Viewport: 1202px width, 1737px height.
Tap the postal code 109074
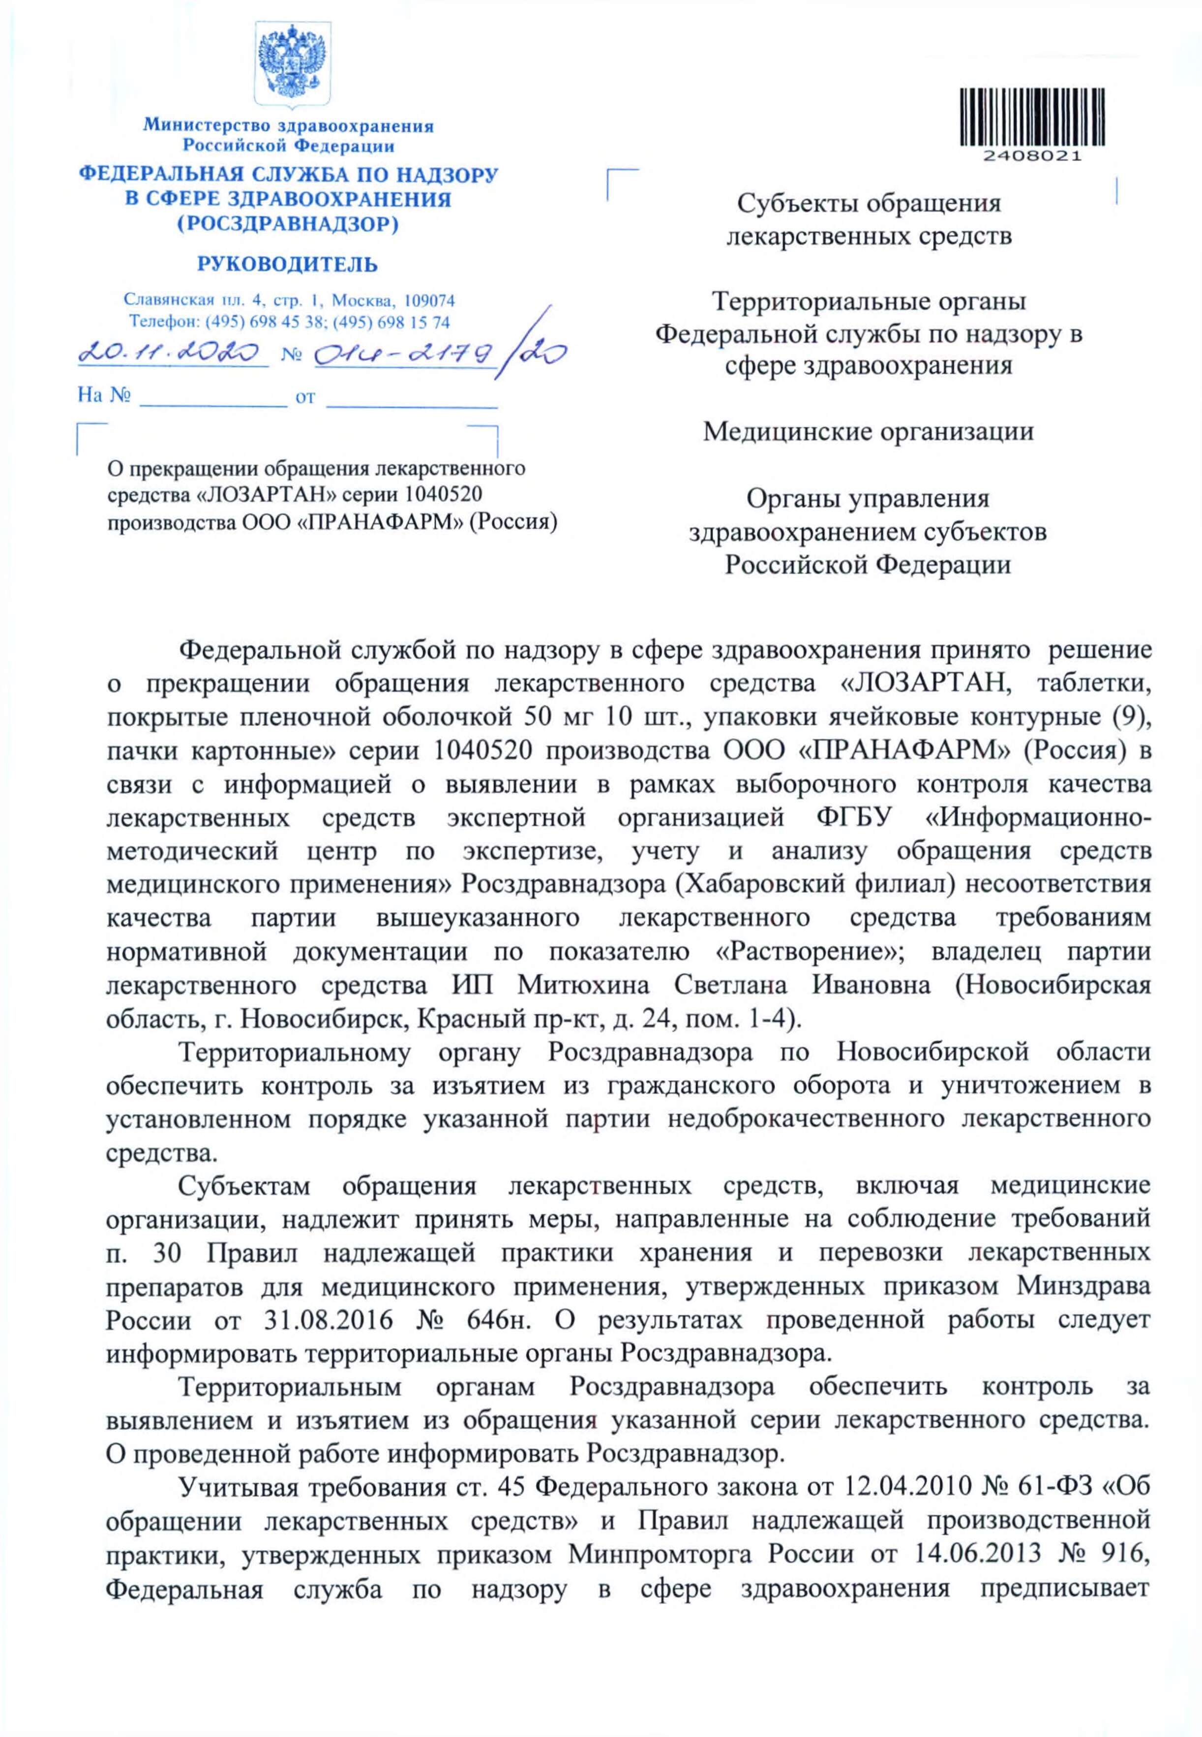tap(430, 300)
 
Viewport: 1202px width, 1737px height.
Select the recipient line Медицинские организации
tap(868, 432)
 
